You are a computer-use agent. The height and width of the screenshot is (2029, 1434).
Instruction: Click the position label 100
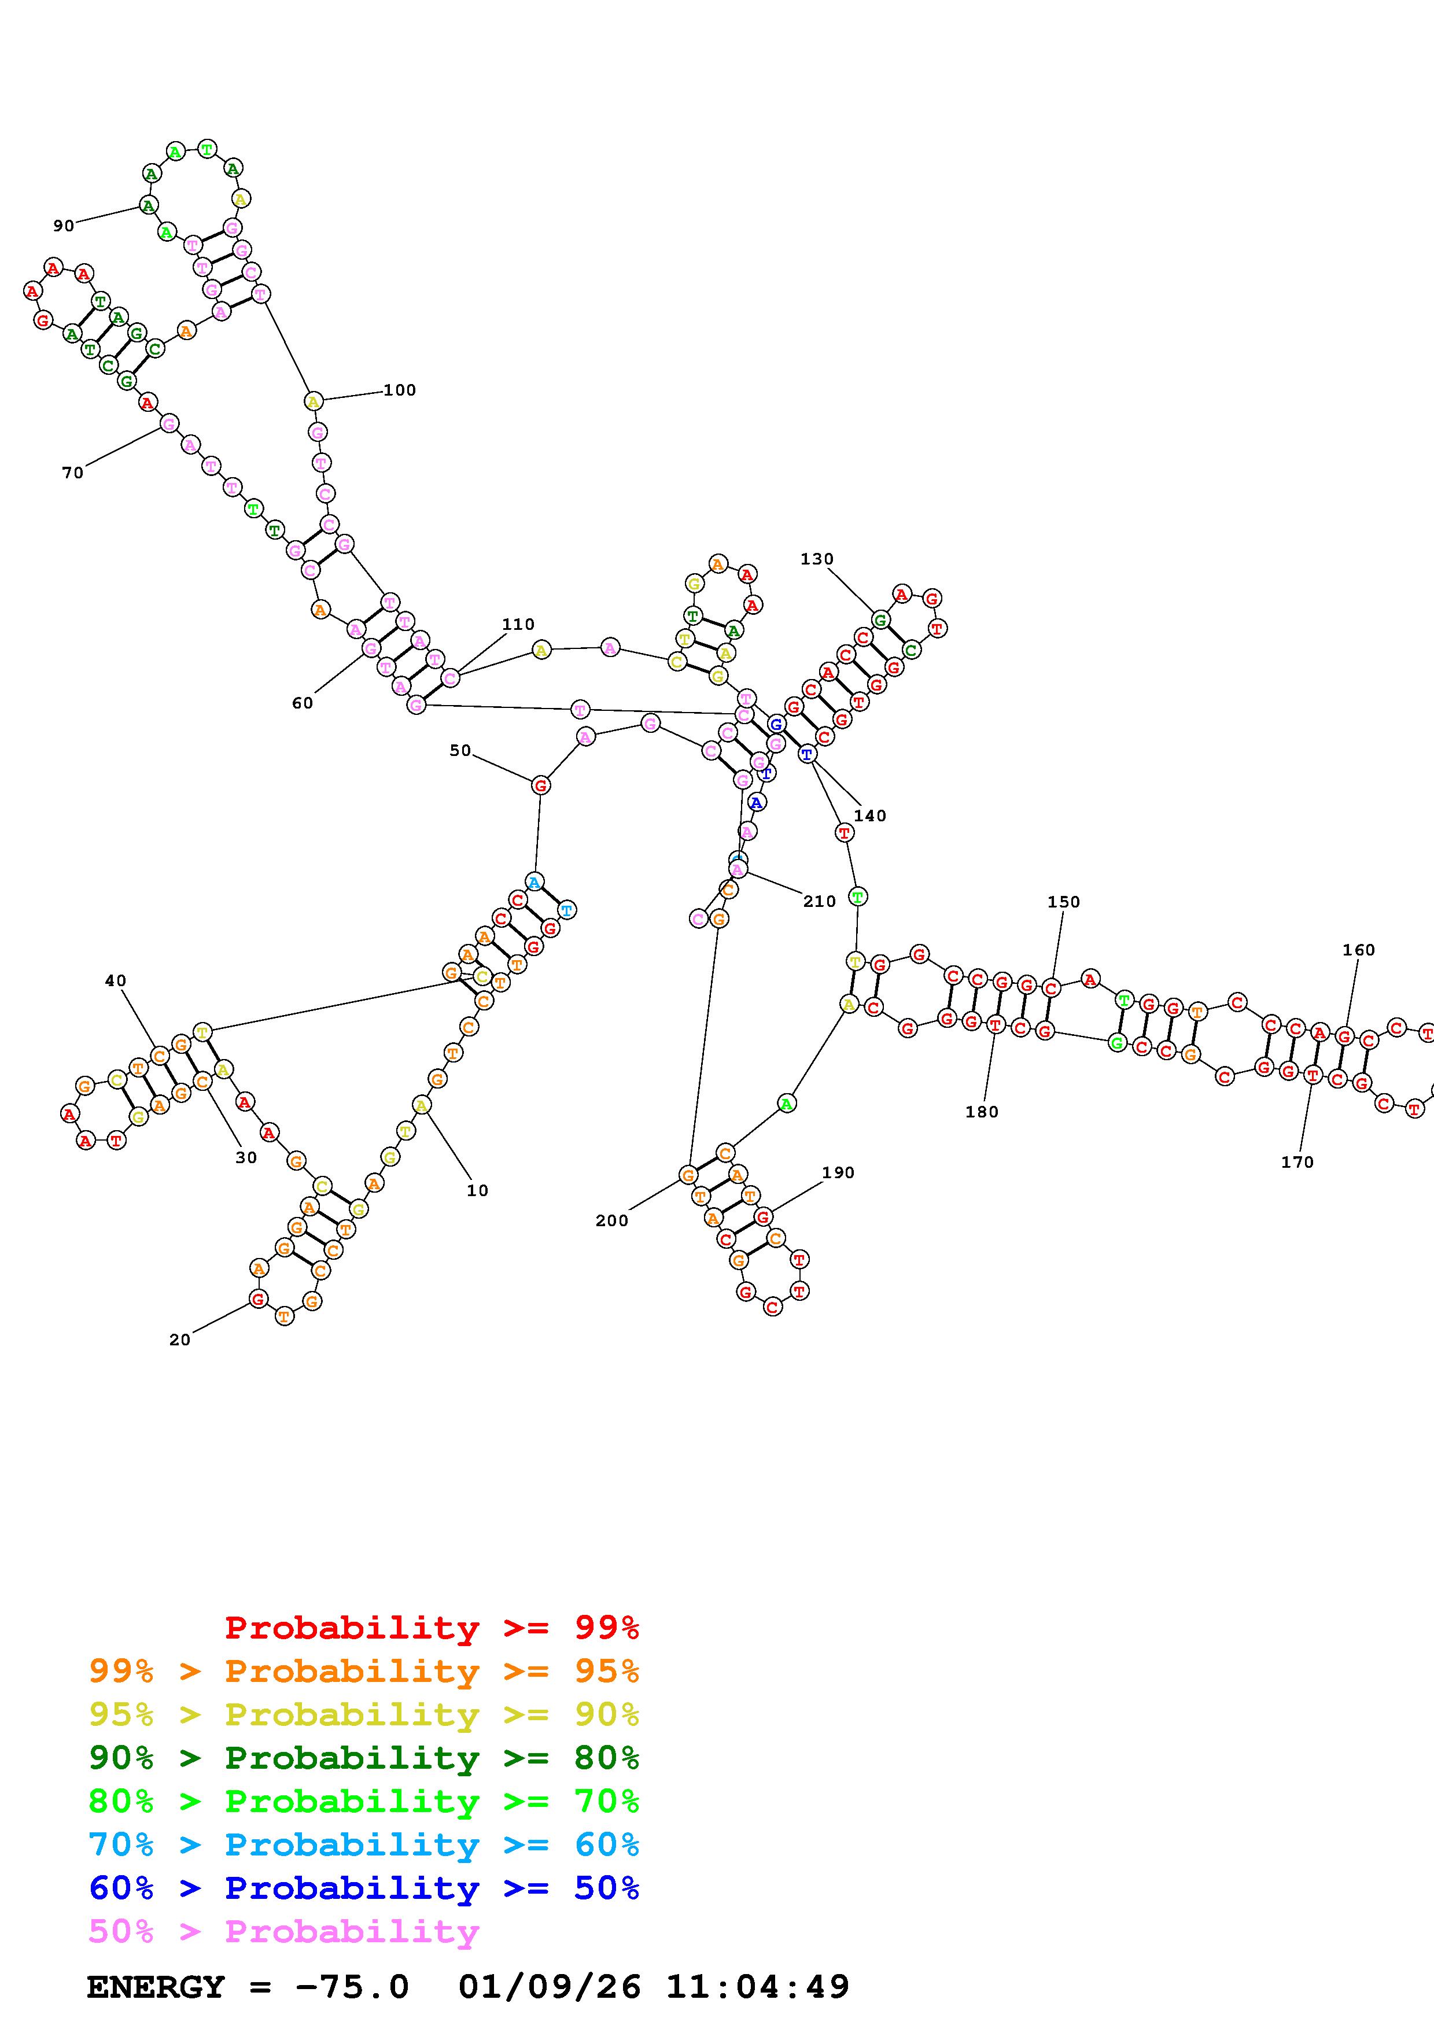point(399,390)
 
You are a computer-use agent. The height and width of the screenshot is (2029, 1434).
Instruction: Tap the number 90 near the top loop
point(64,226)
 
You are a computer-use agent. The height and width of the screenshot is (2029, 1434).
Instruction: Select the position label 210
point(819,901)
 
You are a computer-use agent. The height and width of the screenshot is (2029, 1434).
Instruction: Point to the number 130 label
point(816,559)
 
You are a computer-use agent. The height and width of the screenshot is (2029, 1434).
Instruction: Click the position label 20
point(179,1340)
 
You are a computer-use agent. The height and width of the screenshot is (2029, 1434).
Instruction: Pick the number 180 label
point(982,1112)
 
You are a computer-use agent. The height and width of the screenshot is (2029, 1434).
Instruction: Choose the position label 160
point(1358,950)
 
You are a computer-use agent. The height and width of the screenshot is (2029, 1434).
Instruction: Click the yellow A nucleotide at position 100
point(313,401)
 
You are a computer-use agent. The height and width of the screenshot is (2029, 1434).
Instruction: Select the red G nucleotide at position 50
point(541,785)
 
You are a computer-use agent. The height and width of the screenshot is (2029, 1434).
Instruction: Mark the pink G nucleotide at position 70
point(169,424)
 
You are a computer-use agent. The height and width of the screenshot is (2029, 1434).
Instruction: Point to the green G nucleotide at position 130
point(880,619)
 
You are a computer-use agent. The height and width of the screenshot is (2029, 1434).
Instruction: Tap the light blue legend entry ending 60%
point(364,1844)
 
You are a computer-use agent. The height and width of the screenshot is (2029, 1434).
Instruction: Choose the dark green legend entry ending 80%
point(364,1758)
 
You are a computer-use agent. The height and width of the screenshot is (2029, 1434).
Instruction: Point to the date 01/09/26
point(550,1987)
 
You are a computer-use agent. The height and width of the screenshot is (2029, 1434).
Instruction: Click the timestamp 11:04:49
point(757,1987)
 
